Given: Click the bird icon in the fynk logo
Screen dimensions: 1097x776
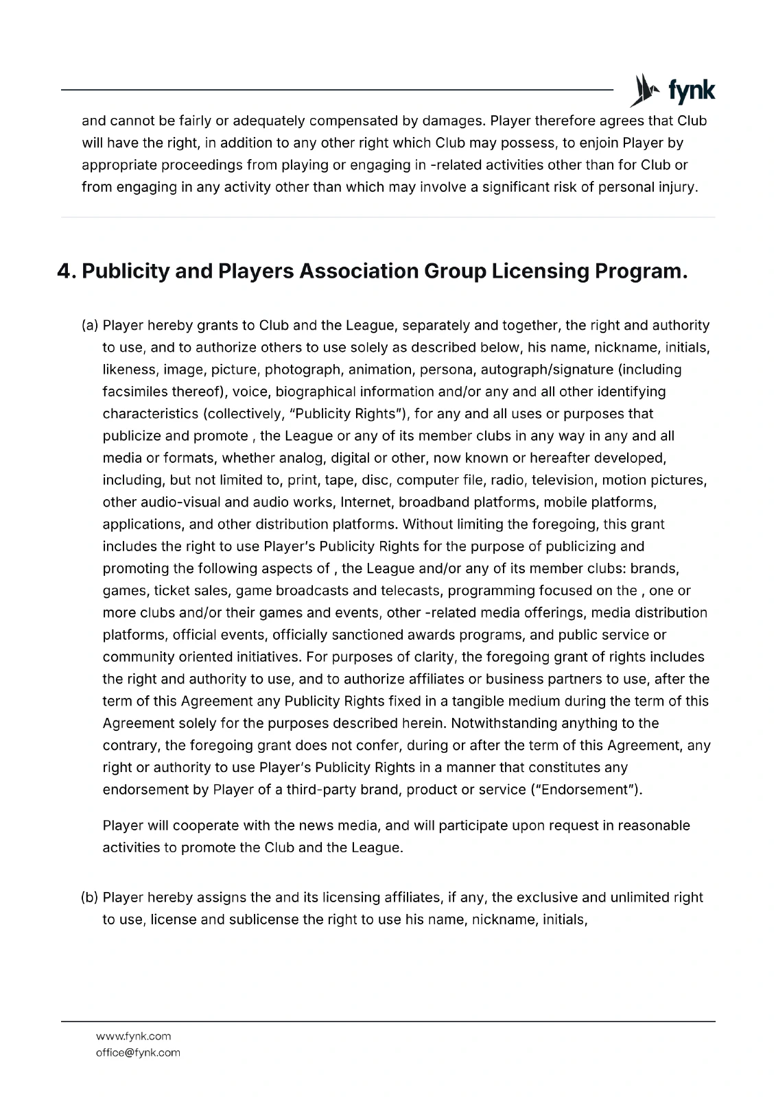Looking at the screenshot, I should click(643, 91).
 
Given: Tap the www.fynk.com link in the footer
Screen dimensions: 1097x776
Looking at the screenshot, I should click(134, 1036).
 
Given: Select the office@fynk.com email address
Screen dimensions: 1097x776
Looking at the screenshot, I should click(138, 1052).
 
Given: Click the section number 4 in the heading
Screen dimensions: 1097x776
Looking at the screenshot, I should click(64, 272).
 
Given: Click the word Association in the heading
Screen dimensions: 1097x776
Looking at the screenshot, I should click(359, 272).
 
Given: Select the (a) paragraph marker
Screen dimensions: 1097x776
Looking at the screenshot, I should click(91, 325).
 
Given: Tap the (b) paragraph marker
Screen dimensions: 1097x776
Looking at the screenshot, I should click(91, 897).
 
